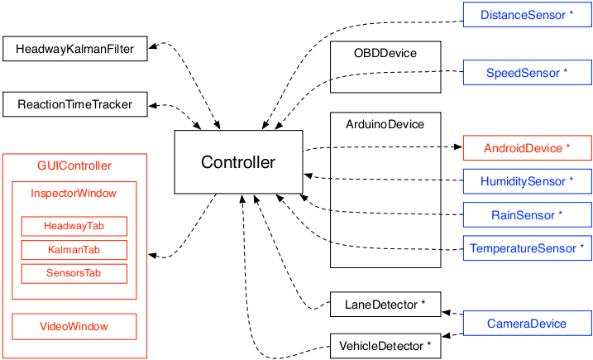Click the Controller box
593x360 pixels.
[238, 162]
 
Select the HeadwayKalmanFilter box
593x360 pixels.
[75, 49]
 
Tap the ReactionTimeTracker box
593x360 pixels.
[75, 104]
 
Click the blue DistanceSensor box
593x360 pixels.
[527, 16]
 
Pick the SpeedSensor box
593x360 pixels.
[527, 73]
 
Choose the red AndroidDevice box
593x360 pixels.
[527, 148]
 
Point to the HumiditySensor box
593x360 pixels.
[527, 181]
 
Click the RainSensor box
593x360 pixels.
[527, 215]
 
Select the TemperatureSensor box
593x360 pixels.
[527, 248]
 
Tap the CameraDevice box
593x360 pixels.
[527, 324]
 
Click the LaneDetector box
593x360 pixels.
[385, 305]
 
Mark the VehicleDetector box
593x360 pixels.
[385, 346]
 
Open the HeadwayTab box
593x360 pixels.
[74, 226]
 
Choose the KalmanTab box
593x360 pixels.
[74, 250]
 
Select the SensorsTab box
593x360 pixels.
[74, 273]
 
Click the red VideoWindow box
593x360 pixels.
[74, 326]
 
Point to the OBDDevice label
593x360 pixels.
[385, 53]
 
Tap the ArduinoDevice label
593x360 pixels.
[385, 124]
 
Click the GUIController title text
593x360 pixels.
[74, 166]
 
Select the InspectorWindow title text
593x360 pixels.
[74, 194]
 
